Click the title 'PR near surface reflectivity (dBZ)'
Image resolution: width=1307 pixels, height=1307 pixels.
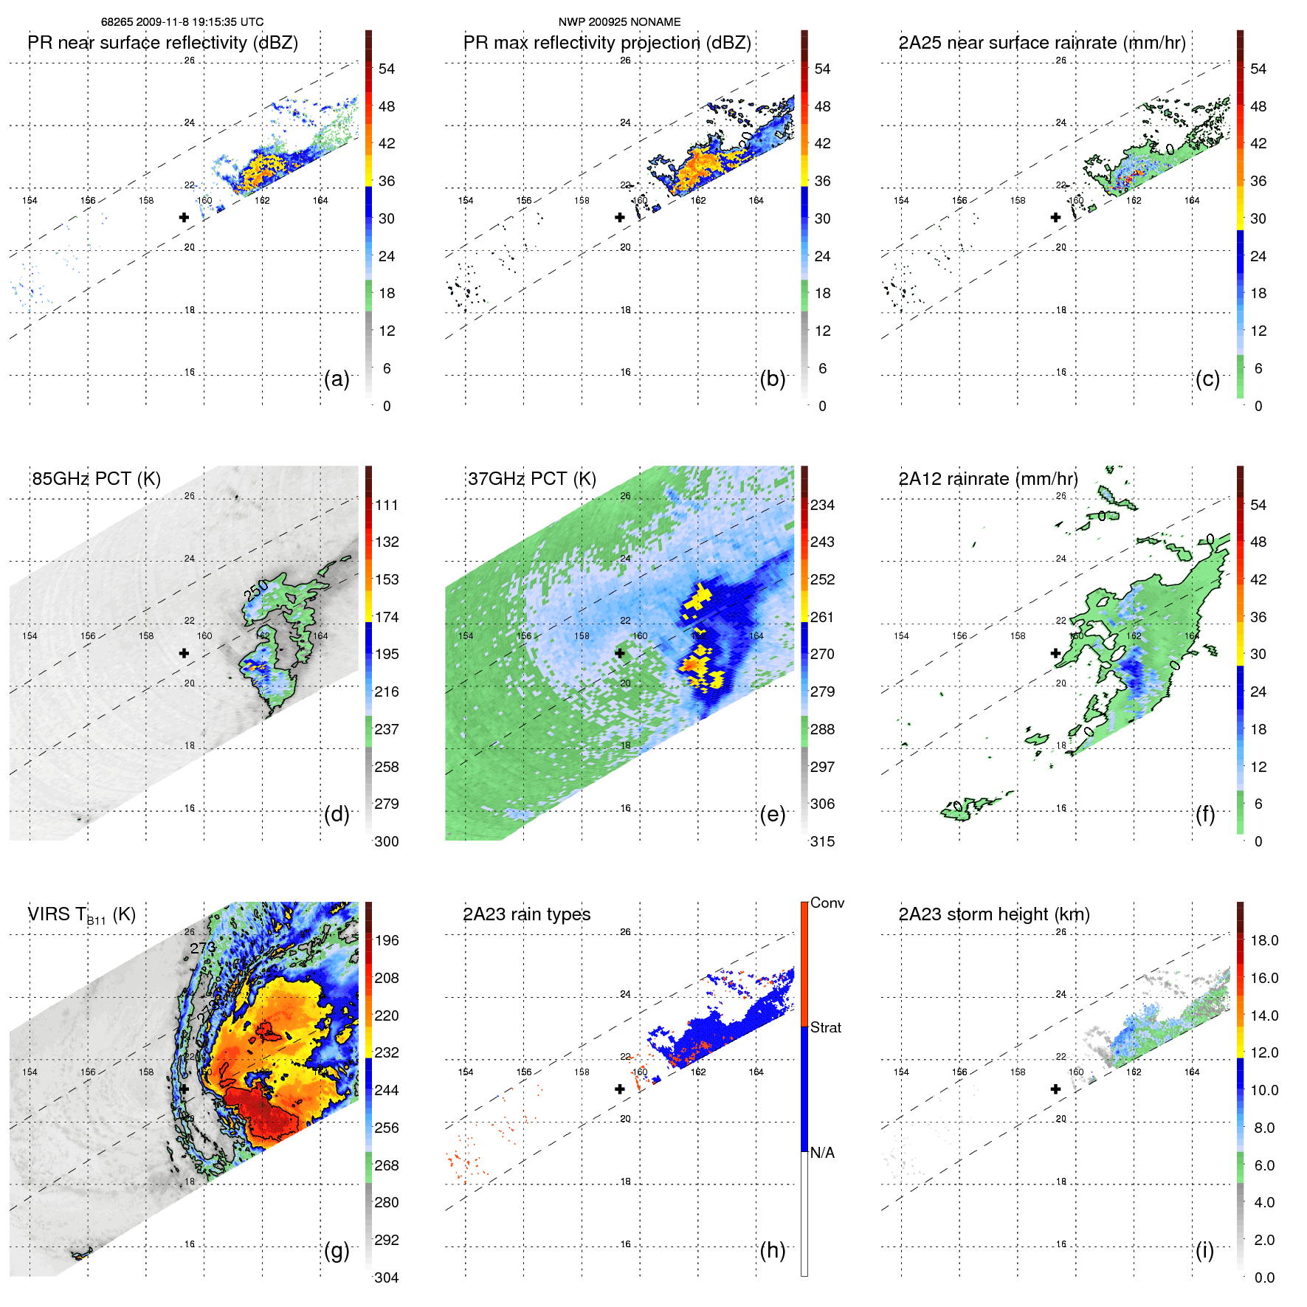click(x=163, y=43)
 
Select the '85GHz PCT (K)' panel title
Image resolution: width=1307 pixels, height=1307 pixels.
click(x=96, y=479)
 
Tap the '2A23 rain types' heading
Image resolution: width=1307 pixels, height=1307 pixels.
click(x=526, y=914)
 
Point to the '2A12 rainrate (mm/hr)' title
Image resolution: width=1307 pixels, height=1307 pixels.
click(x=988, y=479)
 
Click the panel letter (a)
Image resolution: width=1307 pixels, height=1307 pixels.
click(x=337, y=379)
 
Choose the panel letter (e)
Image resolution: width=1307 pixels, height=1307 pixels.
click(x=772, y=815)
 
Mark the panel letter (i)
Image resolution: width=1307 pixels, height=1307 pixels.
click(x=1204, y=1250)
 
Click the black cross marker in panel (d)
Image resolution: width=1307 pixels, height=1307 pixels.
click(x=184, y=653)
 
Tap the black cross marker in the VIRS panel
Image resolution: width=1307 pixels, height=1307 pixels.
click(x=184, y=1089)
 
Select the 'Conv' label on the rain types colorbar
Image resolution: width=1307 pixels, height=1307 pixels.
click(x=827, y=903)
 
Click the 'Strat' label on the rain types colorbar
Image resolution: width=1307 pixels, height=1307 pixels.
click(x=826, y=1028)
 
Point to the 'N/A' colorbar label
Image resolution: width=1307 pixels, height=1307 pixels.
click(x=823, y=1153)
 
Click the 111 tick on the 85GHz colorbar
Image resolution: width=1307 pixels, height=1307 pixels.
click(x=387, y=506)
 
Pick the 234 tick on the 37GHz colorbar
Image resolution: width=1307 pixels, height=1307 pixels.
click(x=822, y=506)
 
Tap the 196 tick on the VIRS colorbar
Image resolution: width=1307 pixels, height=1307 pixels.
click(x=387, y=941)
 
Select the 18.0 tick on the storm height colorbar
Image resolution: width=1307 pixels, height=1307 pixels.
click(x=1264, y=941)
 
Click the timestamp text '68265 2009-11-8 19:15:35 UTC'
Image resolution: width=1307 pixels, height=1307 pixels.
click(x=182, y=22)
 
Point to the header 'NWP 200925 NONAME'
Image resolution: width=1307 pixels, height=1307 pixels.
click(x=619, y=22)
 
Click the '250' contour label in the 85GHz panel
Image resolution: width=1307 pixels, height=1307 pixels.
click(x=256, y=590)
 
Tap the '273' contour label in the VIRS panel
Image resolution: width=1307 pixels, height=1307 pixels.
click(x=202, y=948)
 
